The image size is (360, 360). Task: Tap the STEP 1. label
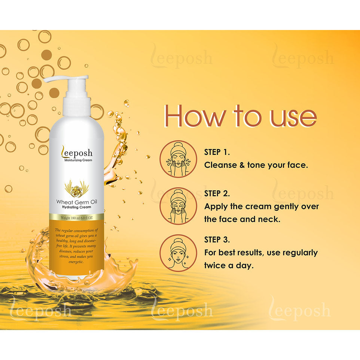coord(217,152)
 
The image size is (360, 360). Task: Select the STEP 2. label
coord(217,193)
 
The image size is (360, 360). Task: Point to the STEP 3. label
coord(217,240)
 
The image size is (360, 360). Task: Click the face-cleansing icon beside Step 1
coord(178,159)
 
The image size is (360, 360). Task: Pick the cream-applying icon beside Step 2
coord(178,206)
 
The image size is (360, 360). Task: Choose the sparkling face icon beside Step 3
coord(178,253)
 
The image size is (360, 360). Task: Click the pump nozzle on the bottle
coord(66,79)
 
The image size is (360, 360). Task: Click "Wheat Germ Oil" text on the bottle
coord(76,202)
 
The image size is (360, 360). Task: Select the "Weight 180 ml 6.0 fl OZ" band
coord(76,217)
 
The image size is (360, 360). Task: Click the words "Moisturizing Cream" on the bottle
coord(78,160)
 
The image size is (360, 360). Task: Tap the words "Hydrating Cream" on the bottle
coord(76,207)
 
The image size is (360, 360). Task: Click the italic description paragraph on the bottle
coord(76,246)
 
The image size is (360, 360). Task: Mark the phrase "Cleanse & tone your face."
coord(256,165)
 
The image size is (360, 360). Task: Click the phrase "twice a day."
coord(229,265)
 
